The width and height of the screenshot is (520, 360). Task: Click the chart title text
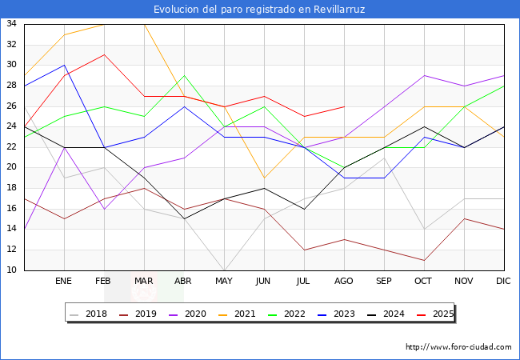pyautogui.click(x=260, y=10)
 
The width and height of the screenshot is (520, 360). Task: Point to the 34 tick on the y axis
pyautogui.click(x=12, y=24)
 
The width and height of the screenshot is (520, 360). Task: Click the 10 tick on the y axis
pyautogui.click(x=12, y=270)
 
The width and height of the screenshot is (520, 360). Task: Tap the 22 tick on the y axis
pyautogui.click(x=12, y=147)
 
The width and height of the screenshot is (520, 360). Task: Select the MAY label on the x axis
pyautogui.click(x=224, y=282)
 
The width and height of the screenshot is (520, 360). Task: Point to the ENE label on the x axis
pyautogui.click(x=64, y=282)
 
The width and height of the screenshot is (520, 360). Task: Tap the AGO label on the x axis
pyautogui.click(x=344, y=282)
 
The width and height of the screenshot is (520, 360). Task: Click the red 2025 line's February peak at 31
pyautogui.click(x=104, y=55)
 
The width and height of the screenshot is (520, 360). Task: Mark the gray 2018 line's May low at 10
pyautogui.click(x=224, y=270)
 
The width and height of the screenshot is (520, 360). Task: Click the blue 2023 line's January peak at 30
pyautogui.click(x=64, y=66)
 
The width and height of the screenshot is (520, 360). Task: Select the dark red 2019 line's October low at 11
pyautogui.click(x=424, y=260)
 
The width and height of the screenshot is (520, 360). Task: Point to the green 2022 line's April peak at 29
pyautogui.click(x=184, y=75)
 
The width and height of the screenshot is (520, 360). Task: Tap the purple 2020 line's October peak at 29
pyautogui.click(x=424, y=75)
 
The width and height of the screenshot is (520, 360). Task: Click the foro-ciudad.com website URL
pyautogui.click(x=458, y=347)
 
